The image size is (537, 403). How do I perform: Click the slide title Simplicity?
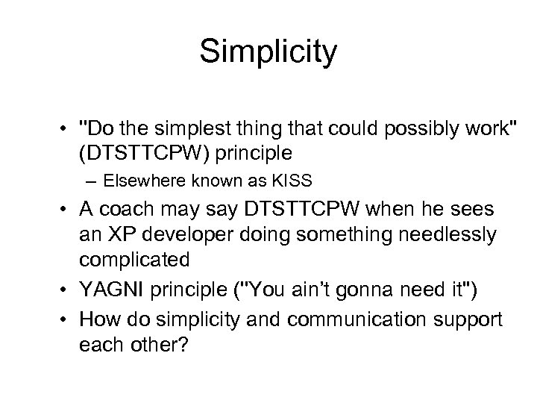point(268,52)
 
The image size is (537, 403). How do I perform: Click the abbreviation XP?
point(120,235)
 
